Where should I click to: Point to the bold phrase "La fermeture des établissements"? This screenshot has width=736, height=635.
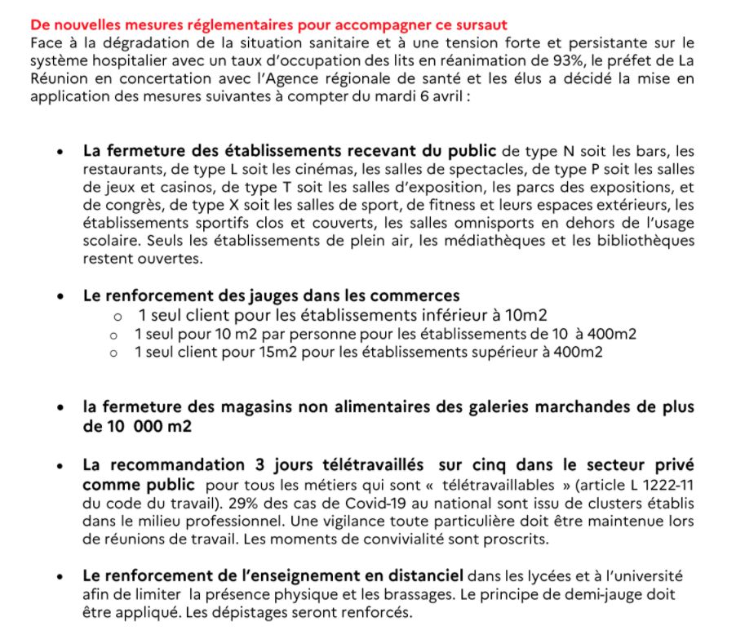208,151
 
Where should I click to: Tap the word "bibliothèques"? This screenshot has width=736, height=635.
648,241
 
